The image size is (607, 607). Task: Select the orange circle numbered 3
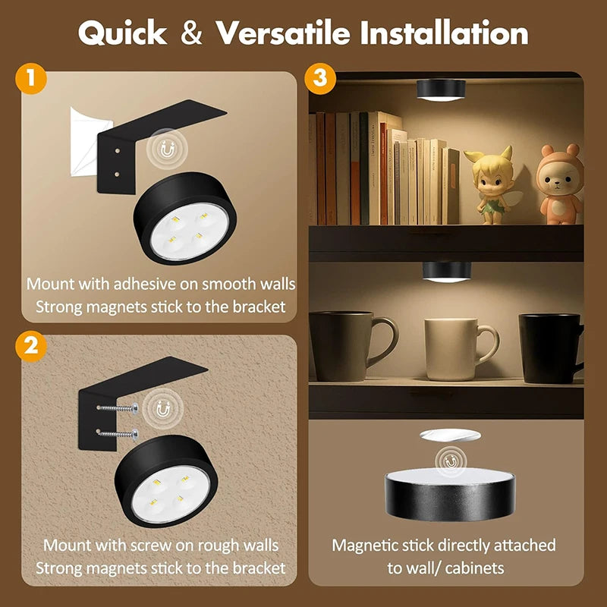(319, 80)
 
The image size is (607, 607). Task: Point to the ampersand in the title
(193, 33)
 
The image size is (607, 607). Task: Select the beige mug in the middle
(456, 348)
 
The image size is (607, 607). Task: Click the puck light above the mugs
(445, 272)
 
